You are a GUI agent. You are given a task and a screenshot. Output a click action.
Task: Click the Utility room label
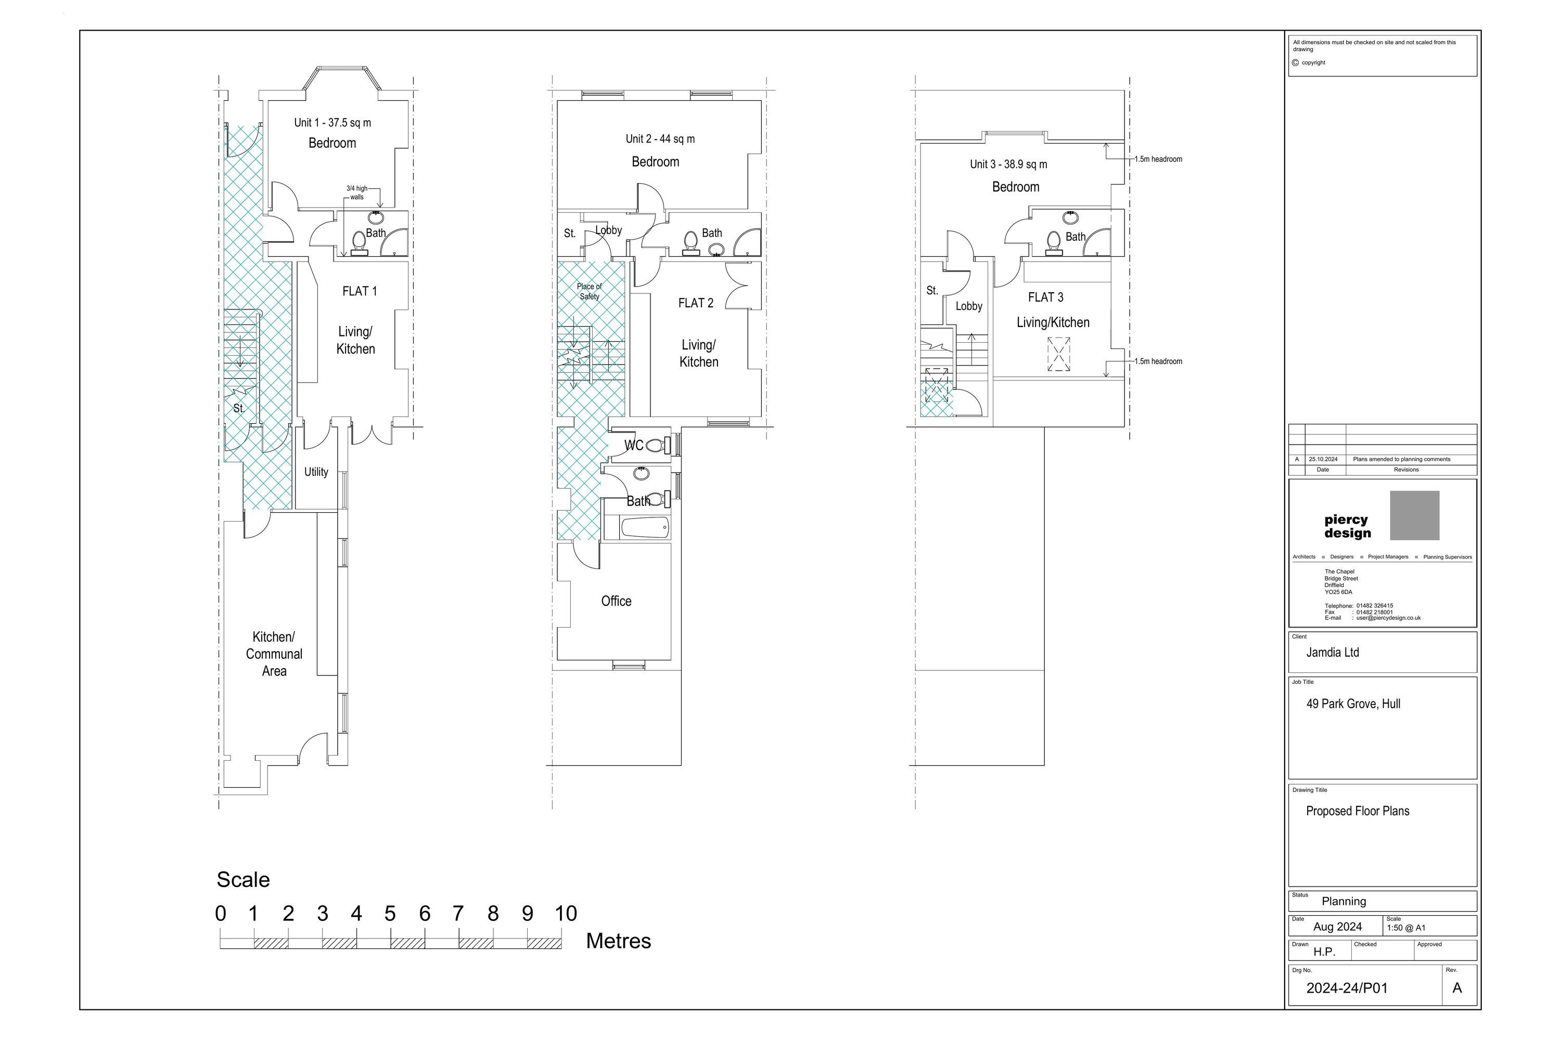(x=316, y=472)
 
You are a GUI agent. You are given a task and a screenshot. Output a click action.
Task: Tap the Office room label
(x=616, y=601)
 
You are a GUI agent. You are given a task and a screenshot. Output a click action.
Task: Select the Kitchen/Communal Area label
(x=274, y=654)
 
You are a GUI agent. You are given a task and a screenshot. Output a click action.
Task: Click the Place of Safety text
(x=590, y=292)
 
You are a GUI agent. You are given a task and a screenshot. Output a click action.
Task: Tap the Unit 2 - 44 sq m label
(x=660, y=139)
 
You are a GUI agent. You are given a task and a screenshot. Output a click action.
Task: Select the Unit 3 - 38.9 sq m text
(x=1008, y=164)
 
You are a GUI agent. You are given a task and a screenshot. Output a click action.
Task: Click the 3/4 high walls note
(x=356, y=192)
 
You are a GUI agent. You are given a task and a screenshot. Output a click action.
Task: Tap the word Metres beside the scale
(x=618, y=941)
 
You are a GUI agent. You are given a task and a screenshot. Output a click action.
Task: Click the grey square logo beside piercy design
(x=1414, y=515)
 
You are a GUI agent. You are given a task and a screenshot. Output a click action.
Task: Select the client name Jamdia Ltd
(x=1332, y=653)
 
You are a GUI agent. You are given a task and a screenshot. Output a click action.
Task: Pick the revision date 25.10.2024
(x=1323, y=459)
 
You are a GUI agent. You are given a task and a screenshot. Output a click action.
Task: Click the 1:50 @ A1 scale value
(x=1406, y=928)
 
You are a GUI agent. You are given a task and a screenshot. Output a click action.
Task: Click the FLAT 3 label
(x=1045, y=297)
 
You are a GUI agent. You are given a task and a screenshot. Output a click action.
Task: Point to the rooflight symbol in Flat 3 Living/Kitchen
(x=1058, y=354)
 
